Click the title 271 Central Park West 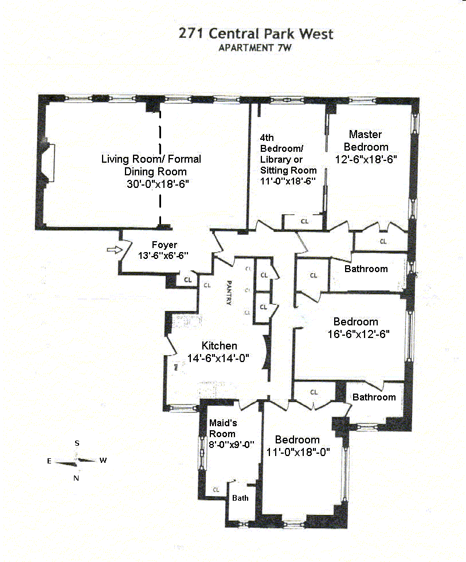256,34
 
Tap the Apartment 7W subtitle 256,48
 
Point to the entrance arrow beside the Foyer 115,250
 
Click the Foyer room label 165,245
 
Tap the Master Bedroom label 366,140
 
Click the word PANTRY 228,292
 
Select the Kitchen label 219,346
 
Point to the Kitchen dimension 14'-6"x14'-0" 220,359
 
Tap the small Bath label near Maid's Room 240,498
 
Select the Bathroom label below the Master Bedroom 366,269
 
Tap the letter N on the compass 76,478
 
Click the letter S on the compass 77,443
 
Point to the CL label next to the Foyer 188,280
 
